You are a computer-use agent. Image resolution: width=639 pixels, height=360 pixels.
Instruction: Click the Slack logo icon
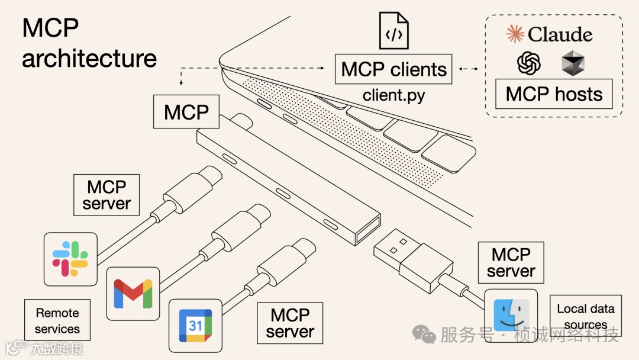coord(70,259)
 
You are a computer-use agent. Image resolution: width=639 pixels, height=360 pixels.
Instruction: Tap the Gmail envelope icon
coord(133,292)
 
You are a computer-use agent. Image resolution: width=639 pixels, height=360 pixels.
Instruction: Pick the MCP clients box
coord(394,69)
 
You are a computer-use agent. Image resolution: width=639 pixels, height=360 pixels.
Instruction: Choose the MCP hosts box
coord(554,94)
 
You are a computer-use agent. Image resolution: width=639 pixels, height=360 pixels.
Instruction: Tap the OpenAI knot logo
coord(529,63)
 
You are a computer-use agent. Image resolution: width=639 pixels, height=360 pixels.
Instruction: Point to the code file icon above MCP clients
coord(394,31)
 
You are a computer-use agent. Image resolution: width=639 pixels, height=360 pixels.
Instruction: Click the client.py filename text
coord(394,95)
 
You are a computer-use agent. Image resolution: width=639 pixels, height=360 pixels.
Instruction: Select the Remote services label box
coord(57,320)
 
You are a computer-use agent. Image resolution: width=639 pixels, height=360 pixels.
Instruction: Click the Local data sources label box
coord(586,316)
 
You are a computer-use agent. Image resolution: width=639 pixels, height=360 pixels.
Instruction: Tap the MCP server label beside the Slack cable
coord(106,195)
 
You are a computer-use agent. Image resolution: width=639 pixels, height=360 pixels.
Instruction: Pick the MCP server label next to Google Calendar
coord(290,323)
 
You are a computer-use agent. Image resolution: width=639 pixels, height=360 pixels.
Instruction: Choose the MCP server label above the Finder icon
coord(510,262)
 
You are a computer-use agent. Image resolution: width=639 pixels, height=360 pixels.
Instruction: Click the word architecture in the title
coord(89,59)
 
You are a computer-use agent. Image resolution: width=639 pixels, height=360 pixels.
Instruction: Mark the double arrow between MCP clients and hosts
coord(468,69)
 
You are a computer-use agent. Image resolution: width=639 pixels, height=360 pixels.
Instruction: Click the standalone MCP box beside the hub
coord(186,112)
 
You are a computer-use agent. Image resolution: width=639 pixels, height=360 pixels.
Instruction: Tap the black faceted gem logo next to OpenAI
coord(573,63)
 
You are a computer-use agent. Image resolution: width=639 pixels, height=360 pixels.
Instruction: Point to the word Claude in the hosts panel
coord(560,34)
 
